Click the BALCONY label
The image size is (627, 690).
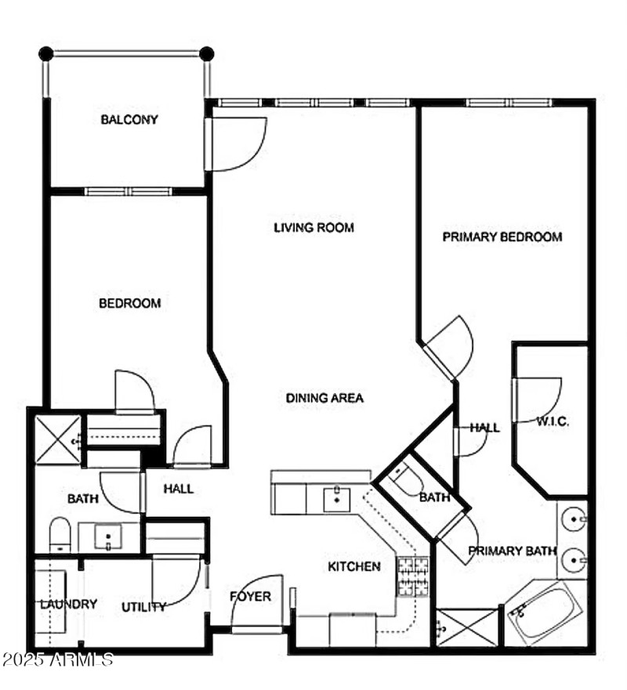[x=129, y=120]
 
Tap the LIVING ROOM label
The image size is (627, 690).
[x=313, y=228]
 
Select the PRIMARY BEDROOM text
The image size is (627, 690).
[x=502, y=237]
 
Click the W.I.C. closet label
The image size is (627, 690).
[x=553, y=421]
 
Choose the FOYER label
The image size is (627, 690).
[x=250, y=597]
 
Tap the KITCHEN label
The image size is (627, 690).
[x=353, y=566]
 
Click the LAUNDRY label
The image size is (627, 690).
[x=69, y=604]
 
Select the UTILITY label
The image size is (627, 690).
[x=143, y=606]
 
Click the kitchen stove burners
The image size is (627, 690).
[x=412, y=577]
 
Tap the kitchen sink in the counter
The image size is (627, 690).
[x=337, y=497]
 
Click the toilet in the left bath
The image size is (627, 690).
[x=60, y=535]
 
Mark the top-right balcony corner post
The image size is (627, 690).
[x=206, y=54]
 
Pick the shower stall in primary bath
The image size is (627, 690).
[x=467, y=627]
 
